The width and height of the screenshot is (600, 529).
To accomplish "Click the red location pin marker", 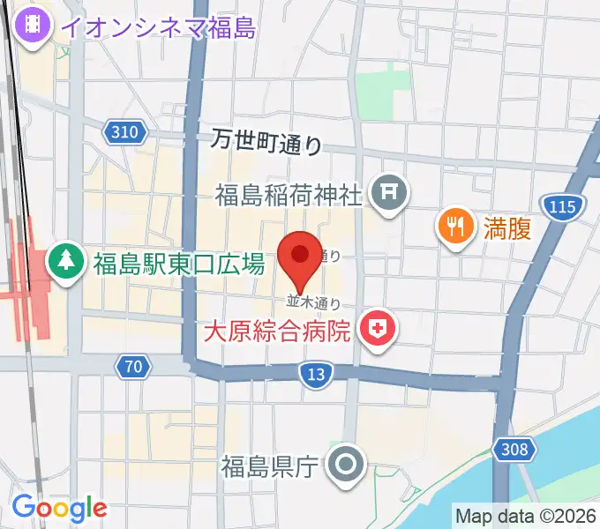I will tap(300, 257).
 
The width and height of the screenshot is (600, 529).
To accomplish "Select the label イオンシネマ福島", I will tap(159, 27).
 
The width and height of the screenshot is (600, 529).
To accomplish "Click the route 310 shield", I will tap(126, 133).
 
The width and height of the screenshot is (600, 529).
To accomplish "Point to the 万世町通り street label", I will tap(267, 141).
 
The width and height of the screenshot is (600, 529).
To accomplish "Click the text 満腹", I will tap(506, 228).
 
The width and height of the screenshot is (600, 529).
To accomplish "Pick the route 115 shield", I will tap(564, 207).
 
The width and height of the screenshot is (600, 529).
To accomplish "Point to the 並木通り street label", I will tap(313, 302).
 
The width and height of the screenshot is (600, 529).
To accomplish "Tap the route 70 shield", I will tap(133, 365).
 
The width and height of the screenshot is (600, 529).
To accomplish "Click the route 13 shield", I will tap(316, 374).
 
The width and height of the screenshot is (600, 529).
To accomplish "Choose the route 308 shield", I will tap(514, 450).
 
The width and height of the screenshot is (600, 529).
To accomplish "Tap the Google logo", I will tap(58, 508).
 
